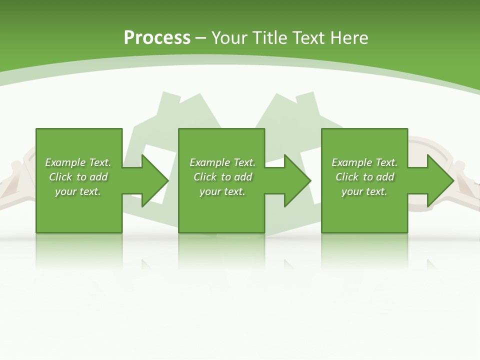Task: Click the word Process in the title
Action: [x=157, y=38]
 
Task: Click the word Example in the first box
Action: [x=65, y=162]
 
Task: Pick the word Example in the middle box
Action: [x=209, y=162]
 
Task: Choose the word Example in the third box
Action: [x=351, y=162]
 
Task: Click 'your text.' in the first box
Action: [x=78, y=191]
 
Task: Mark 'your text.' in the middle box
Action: [x=222, y=191]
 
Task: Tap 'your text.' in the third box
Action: [x=364, y=191]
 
